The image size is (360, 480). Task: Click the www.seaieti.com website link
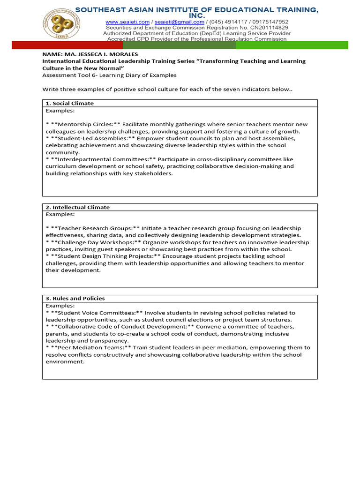pyautogui.click(x=127, y=22)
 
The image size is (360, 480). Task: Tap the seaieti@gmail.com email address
pyautogui.click(x=179, y=22)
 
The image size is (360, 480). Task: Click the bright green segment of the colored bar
pyautogui.click(x=292, y=45)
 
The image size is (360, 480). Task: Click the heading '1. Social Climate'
pyautogui.click(x=69, y=103)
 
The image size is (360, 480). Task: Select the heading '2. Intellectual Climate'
pyautogui.click(x=77, y=207)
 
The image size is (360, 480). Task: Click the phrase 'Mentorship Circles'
pyautogui.click(x=83, y=124)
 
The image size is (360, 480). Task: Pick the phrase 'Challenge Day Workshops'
pyautogui.click(x=90, y=242)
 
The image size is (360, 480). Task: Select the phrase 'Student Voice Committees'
pyautogui.click(x=91, y=313)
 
